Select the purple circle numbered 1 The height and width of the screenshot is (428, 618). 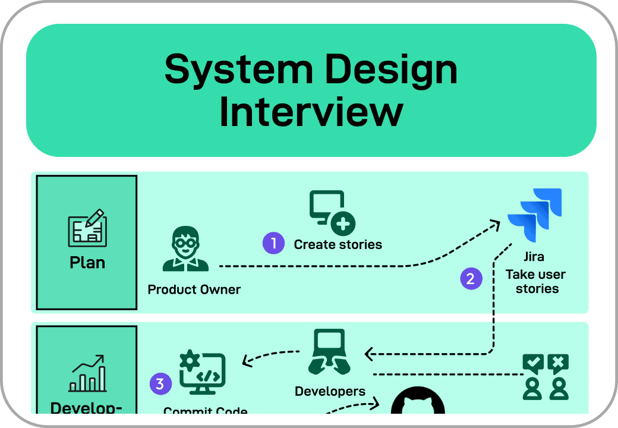[x=274, y=243]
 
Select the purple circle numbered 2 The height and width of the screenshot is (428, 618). [x=471, y=279]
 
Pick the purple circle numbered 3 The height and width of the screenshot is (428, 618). [x=160, y=383]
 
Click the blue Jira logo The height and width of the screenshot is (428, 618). [x=535, y=215]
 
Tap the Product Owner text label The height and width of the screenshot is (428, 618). [x=194, y=289]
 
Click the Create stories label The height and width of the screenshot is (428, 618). [x=338, y=244]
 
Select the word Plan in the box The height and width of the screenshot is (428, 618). [x=87, y=262]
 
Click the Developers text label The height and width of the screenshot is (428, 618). [x=330, y=391]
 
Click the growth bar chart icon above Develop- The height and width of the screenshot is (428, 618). [x=87, y=373]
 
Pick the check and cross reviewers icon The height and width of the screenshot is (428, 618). [x=545, y=376]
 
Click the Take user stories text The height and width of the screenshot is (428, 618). [x=535, y=282]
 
